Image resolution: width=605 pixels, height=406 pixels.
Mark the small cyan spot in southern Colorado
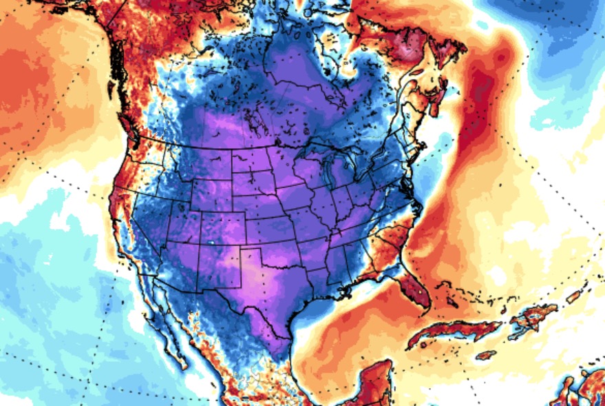click(211, 243)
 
